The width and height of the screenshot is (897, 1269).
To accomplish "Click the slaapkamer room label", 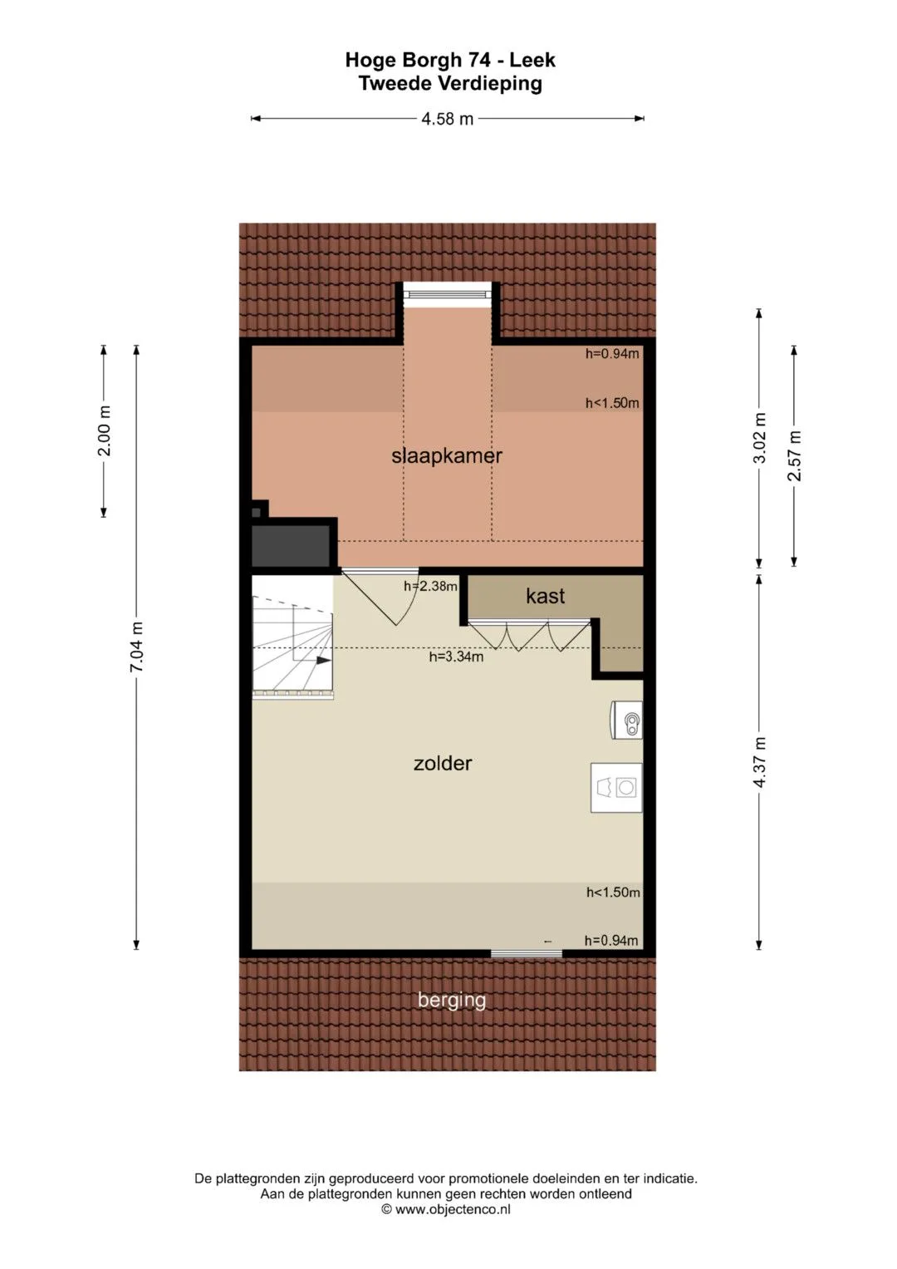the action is point(446,456).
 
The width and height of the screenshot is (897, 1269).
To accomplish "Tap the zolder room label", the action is point(442,763).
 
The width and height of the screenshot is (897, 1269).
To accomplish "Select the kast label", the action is point(545,596).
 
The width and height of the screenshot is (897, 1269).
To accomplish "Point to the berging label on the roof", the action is point(451,1000).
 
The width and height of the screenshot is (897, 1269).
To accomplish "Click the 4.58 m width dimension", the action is point(447,119).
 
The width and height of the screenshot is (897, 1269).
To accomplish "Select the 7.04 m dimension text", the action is point(136,647).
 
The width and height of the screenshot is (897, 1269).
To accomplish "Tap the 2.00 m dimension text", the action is point(104,431).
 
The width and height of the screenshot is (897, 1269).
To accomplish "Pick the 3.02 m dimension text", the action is point(759,438).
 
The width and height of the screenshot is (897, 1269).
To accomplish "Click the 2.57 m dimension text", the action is point(794,455).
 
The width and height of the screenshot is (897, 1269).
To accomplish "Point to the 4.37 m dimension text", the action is point(759,762).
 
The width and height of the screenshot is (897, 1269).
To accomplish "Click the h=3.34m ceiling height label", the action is point(456,657).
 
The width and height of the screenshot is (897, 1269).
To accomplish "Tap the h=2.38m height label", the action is point(430,587).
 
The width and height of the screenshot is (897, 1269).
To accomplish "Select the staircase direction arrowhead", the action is point(324,661).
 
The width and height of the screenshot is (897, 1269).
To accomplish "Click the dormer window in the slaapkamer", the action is point(448,294).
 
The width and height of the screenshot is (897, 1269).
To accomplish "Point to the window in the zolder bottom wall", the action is point(526,954).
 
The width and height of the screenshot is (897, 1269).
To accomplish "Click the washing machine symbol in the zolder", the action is point(616,787).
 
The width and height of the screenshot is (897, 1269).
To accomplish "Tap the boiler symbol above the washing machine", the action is point(626,720).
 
